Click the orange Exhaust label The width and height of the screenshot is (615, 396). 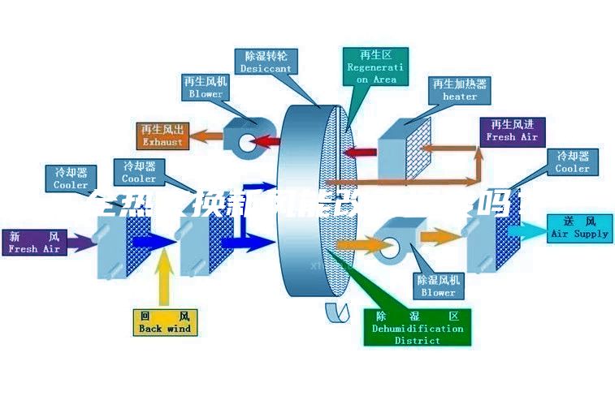pyautogui.click(x=162, y=135)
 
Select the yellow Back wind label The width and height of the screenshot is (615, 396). pyautogui.click(x=164, y=322)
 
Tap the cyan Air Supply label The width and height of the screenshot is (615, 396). pyautogui.click(x=579, y=227)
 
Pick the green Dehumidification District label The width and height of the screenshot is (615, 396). pyautogui.click(x=417, y=328)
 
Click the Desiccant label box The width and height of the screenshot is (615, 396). pyautogui.click(x=266, y=62)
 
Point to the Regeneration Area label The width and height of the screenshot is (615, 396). pyautogui.click(x=375, y=66)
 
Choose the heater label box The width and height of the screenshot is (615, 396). pyautogui.click(x=459, y=90)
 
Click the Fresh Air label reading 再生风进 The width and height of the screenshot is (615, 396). pyautogui.click(x=512, y=131)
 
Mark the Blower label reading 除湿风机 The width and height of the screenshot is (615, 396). pyautogui.click(x=438, y=285)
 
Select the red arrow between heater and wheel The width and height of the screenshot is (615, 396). pyautogui.click(x=363, y=152)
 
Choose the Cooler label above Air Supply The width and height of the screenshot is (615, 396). pyautogui.click(x=572, y=161)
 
